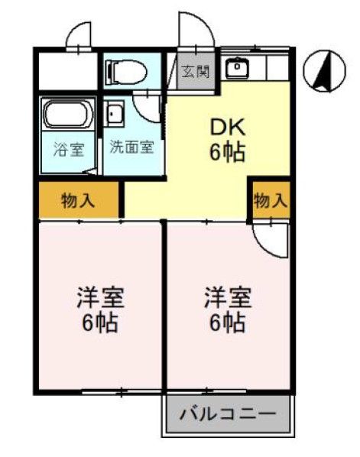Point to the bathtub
coord(67,115)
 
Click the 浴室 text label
coord(67,148)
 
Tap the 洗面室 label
coord(132,147)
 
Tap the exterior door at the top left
coord(80,34)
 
